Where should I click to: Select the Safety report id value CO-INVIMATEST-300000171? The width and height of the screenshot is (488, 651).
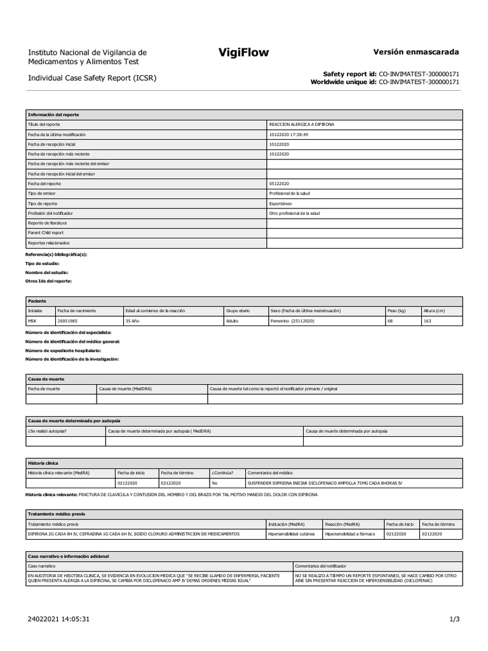point(419,74)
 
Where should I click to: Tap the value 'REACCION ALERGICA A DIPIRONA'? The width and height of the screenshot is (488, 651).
point(301,125)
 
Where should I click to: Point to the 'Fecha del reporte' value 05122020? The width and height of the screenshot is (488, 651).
point(280,184)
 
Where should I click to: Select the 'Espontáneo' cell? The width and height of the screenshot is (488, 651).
point(281,203)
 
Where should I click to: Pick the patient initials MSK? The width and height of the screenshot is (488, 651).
point(33,322)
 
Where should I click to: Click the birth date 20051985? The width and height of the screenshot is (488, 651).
point(68,322)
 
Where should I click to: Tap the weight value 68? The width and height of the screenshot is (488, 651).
point(391,322)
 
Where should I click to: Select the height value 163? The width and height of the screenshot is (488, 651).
point(428,322)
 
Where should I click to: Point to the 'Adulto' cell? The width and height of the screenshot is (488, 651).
point(234,322)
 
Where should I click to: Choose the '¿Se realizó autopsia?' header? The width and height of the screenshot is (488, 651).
point(48,431)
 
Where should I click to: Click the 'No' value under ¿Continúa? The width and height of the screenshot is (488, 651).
point(214,483)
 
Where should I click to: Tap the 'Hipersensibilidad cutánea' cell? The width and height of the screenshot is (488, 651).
point(292,535)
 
